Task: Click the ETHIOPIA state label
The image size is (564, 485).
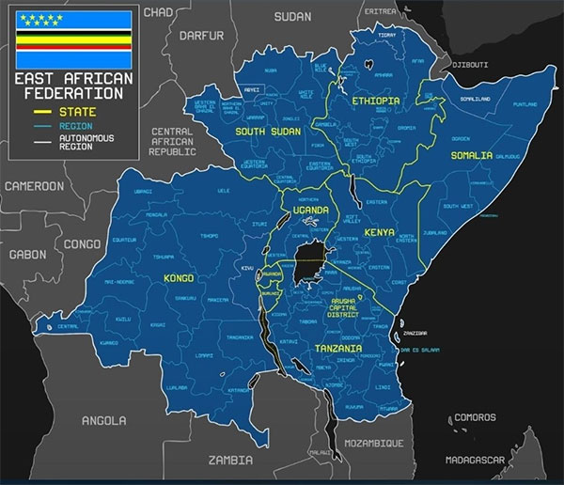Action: point(376,101)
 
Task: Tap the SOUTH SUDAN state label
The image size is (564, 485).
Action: point(268,132)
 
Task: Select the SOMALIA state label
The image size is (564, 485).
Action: point(471,155)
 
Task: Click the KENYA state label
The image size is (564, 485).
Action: point(378,231)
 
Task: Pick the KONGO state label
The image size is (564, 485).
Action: point(178,279)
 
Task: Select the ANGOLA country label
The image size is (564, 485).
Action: point(103,420)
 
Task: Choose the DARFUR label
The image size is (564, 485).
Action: point(204,37)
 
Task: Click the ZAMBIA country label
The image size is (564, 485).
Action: point(232,461)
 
